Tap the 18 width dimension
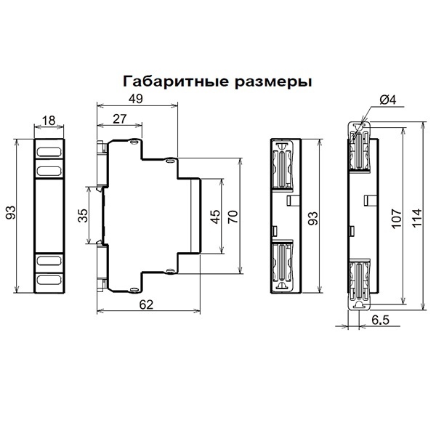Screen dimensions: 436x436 point(49,121)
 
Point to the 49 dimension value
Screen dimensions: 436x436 point(136,99)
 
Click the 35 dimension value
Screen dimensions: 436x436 point(83,216)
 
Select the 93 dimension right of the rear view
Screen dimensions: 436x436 point(312,217)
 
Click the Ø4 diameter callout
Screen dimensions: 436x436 point(386,100)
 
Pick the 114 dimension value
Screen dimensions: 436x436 point(416,217)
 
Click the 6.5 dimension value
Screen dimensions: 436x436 point(379,319)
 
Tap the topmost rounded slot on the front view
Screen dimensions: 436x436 point(49,153)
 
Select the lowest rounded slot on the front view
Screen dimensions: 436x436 point(49,278)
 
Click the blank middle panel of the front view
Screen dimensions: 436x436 point(49,215)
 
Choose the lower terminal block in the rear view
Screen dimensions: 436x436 point(281,265)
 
